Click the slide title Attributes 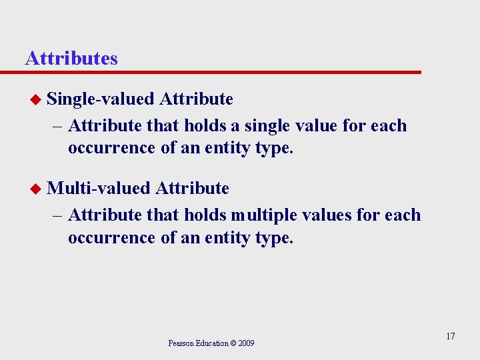[71, 59]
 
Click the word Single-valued [101, 99]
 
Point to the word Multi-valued [99, 189]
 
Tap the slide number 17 [450, 336]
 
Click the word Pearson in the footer [180, 343]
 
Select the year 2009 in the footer [245, 343]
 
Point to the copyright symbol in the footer [233, 343]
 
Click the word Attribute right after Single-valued [197, 99]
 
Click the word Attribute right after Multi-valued [192, 189]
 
